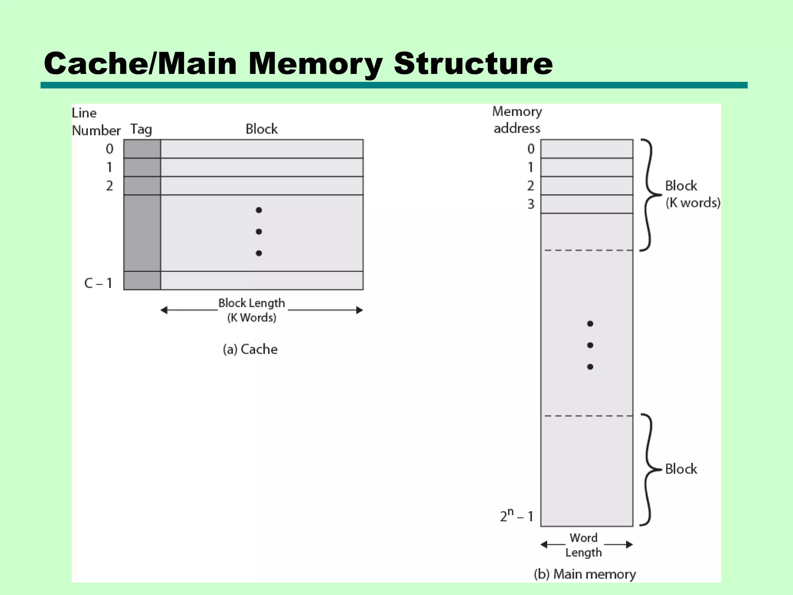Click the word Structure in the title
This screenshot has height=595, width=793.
473,64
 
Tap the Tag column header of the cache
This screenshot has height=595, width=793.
141,129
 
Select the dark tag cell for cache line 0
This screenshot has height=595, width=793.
142,149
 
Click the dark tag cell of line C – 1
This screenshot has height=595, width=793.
142,281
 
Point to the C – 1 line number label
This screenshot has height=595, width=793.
98,283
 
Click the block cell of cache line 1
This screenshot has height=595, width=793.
262,167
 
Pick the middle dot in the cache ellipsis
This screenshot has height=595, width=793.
259,232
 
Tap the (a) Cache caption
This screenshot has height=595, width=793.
250,349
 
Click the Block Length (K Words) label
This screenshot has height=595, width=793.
252,310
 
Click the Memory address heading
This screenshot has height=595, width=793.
517,120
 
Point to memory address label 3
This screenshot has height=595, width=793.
531,204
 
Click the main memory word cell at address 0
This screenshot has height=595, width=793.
587,149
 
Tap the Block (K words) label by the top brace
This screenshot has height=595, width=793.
692,194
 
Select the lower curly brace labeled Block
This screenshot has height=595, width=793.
649,469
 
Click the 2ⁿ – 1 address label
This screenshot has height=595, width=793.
517,516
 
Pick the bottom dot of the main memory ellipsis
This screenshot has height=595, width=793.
590,367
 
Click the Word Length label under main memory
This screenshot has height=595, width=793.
584,545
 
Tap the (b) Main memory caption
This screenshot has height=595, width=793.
585,574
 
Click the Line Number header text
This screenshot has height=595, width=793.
96,122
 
